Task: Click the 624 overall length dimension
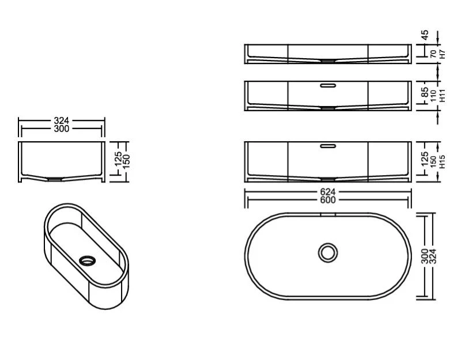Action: click(x=328, y=192)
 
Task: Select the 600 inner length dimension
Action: click(x=328, y=200)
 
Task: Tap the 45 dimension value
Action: click(x=425, y=35)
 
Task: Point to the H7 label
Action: click(x=443, y=54)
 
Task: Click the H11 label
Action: click(x=443, y=96)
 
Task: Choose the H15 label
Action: click(x=442, y=162)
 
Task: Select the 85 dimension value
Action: click(x=425, y=92)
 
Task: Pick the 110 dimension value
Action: click(x=433, y=96)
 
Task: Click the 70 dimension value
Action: click(x=433, y=54)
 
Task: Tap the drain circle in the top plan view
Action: click(x=328, y=253)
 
